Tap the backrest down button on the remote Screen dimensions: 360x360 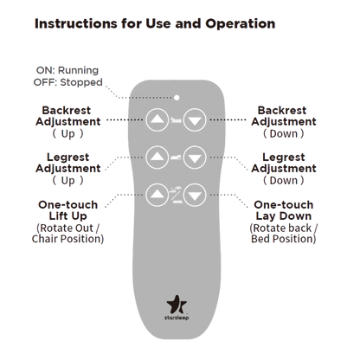pyautogui.click(x=195, y=119)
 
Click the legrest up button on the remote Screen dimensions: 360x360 pyautogui.click(x=157, y=157)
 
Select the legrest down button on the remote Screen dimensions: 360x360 pyautogui.click(x=195, y=157)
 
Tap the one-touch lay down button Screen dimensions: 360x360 pyautogui.click(x=195, y=195)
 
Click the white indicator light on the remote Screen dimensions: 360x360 pyautogui.click(x=177, y=98)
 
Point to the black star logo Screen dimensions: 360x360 pyautogui.click(x=177, y=305)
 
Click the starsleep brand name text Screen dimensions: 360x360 pyautogui.click(x=177, y=318)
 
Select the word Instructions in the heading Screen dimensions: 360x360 pyautogui.click(x=76, y=23)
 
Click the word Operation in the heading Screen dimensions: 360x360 pyautogui.click(x=241, y=23)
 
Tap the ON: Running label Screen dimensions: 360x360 pyautogui.click(x=67, y=70)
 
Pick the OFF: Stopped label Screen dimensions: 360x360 pyautogui.click(x=68, y=82)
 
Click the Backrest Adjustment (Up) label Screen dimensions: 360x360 pyautogui.click(x=68, y=122)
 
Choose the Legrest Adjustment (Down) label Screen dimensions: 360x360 pyautogui.click(x=284, y=169)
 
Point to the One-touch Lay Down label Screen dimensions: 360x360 pyautogui.click(x=284, y=210)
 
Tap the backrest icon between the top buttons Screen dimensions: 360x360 pyautogui.click(x=176, y=119)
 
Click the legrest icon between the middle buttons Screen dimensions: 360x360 pyautogui.click(x=176, y=157)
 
